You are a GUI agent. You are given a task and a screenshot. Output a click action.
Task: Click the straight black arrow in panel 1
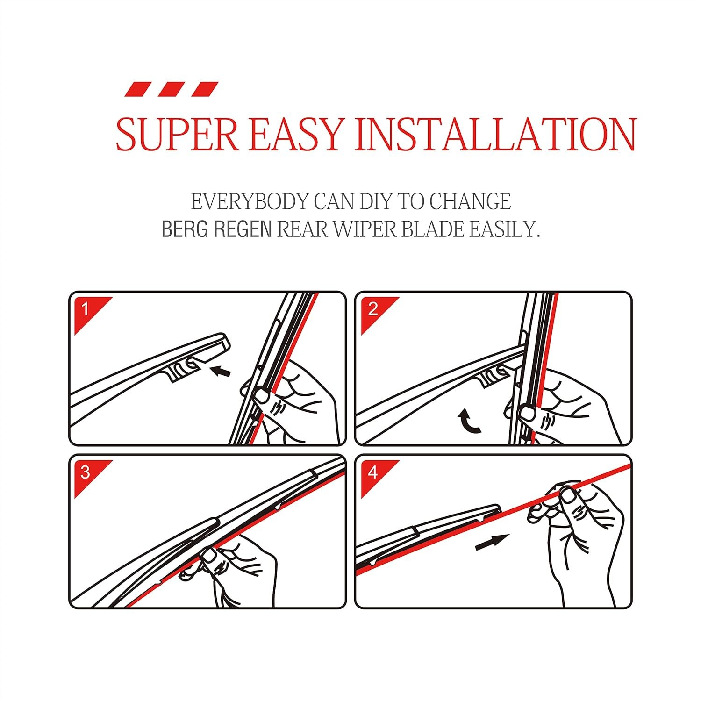click(x=221, y=372)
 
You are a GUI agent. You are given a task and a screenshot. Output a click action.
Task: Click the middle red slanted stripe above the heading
click(x=172, y=89)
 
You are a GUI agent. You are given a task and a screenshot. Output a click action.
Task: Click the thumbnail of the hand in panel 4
click(x=569, y=496)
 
